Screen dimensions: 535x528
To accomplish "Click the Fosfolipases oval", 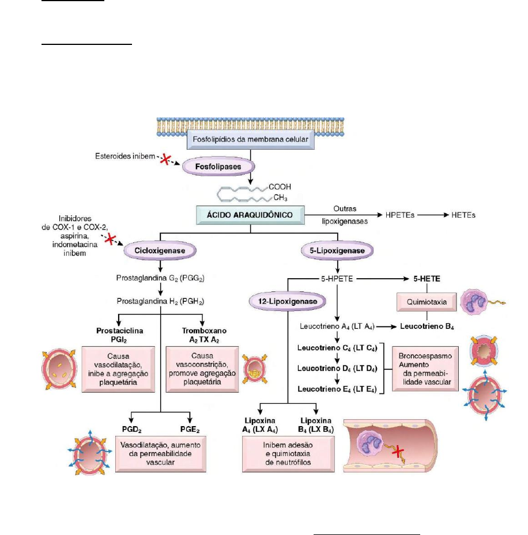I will click(211, 167).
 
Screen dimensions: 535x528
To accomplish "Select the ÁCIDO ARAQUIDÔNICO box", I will click(250, 215).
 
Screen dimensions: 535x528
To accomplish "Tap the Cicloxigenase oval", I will click(160, 252).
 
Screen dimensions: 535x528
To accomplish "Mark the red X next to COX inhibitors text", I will click(110, 239).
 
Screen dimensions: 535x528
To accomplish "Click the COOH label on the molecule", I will click(280, 187).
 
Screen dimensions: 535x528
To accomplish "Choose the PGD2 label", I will click(132, 429).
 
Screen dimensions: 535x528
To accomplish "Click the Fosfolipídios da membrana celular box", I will click(250, 139).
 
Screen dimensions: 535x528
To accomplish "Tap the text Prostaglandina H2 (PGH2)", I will click(160, 300).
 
